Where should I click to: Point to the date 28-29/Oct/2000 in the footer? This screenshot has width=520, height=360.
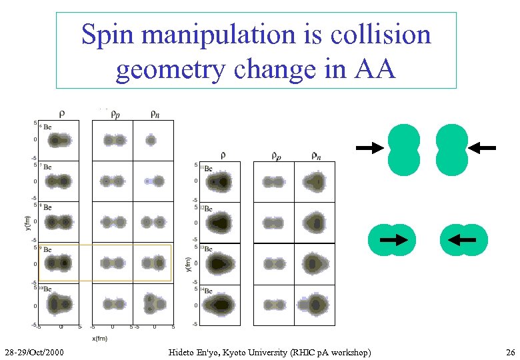(x=33, y=351)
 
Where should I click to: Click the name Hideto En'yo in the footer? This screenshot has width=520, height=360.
(x=191, y=351)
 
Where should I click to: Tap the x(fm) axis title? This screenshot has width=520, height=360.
(x=99, y=339)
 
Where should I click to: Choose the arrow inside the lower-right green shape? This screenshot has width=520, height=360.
(x=463, y=239)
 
